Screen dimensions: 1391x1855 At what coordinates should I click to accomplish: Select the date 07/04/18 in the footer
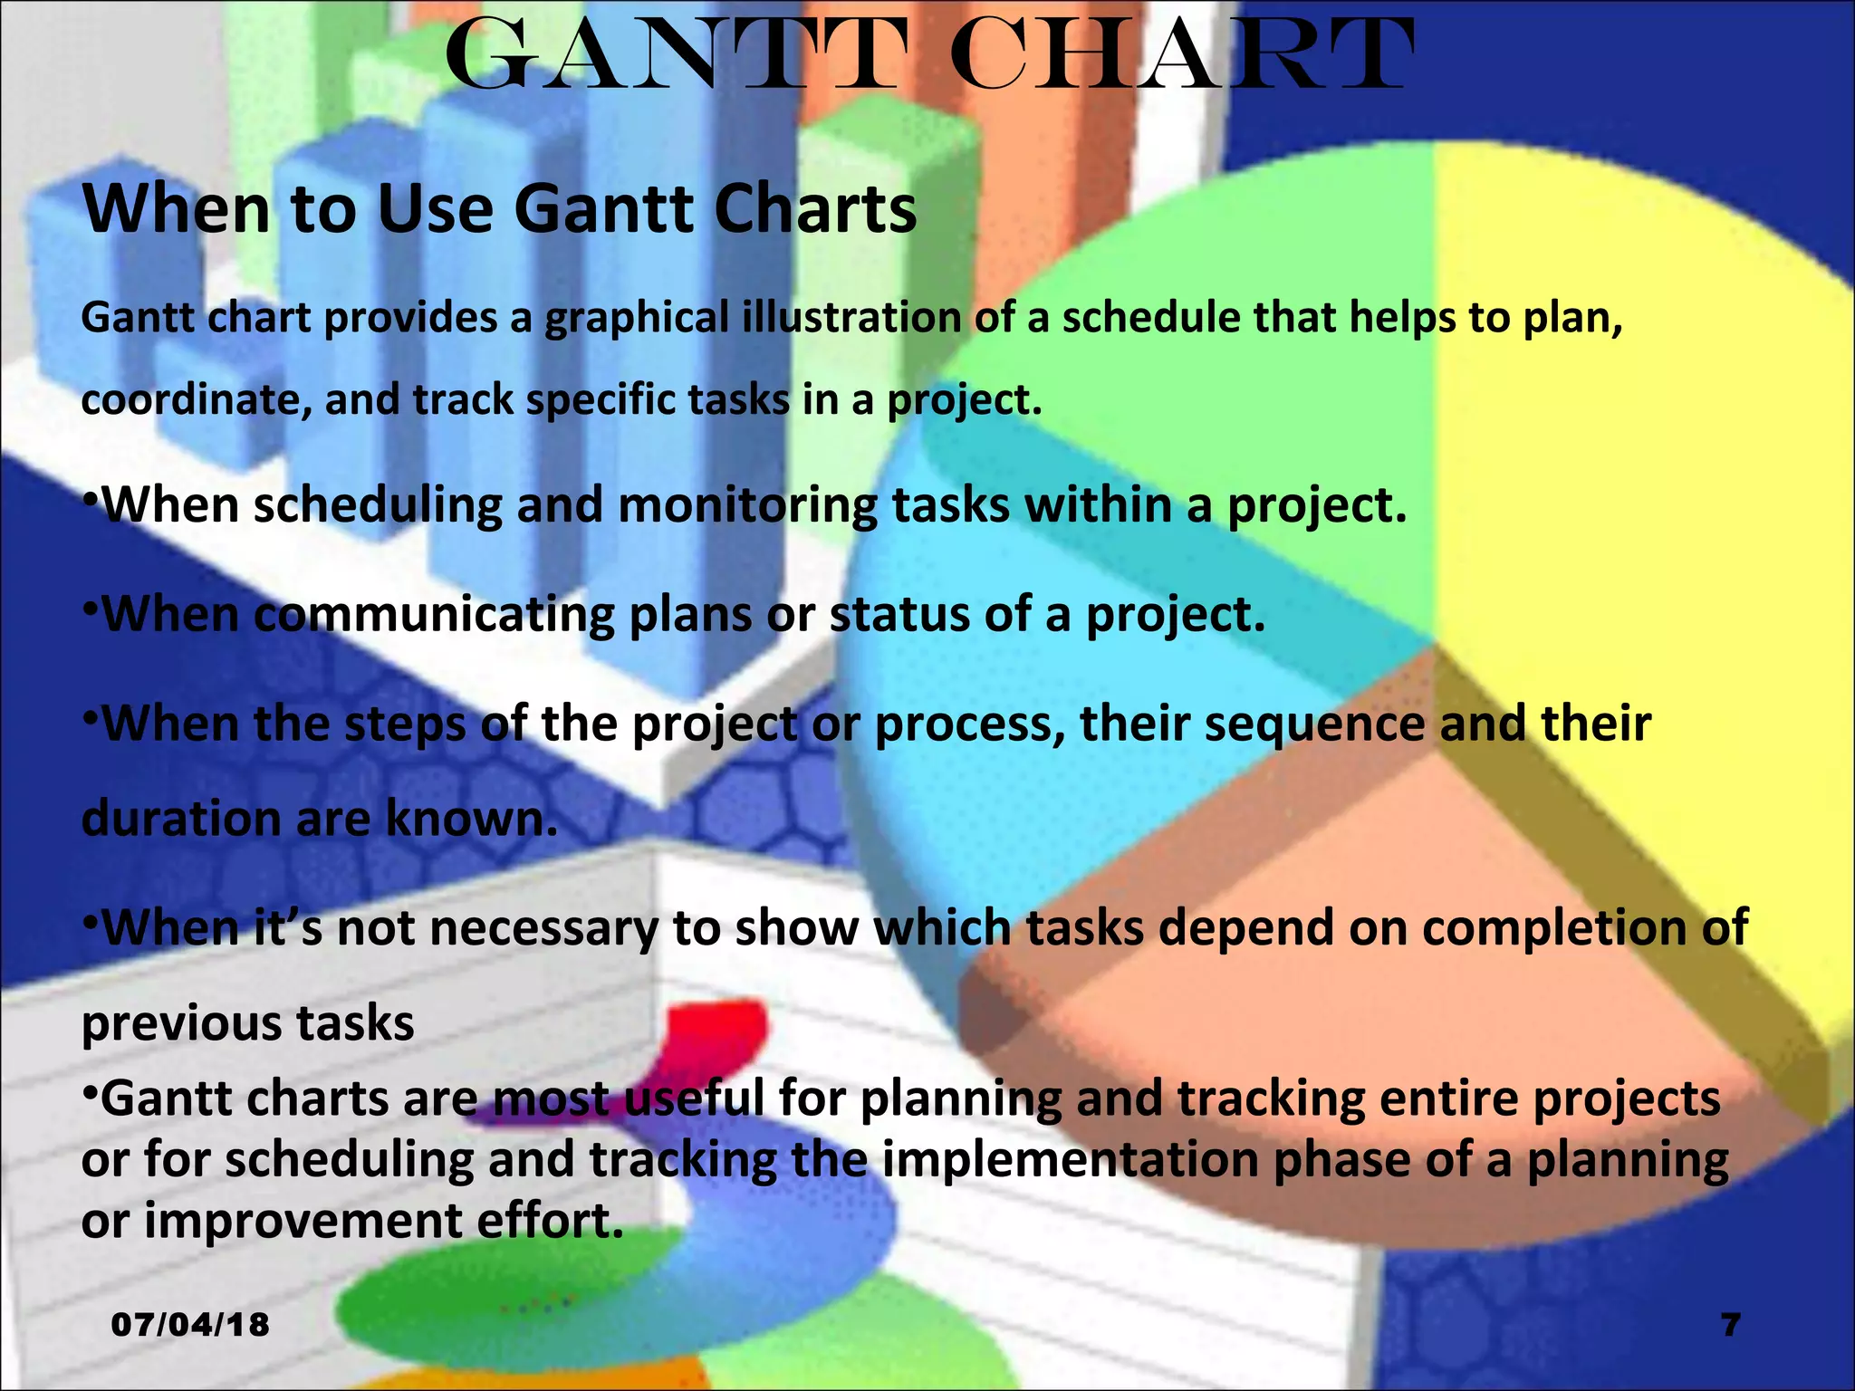(x=190, y=1325)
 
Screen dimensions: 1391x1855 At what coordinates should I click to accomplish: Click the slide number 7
(x=1731, y=1325)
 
